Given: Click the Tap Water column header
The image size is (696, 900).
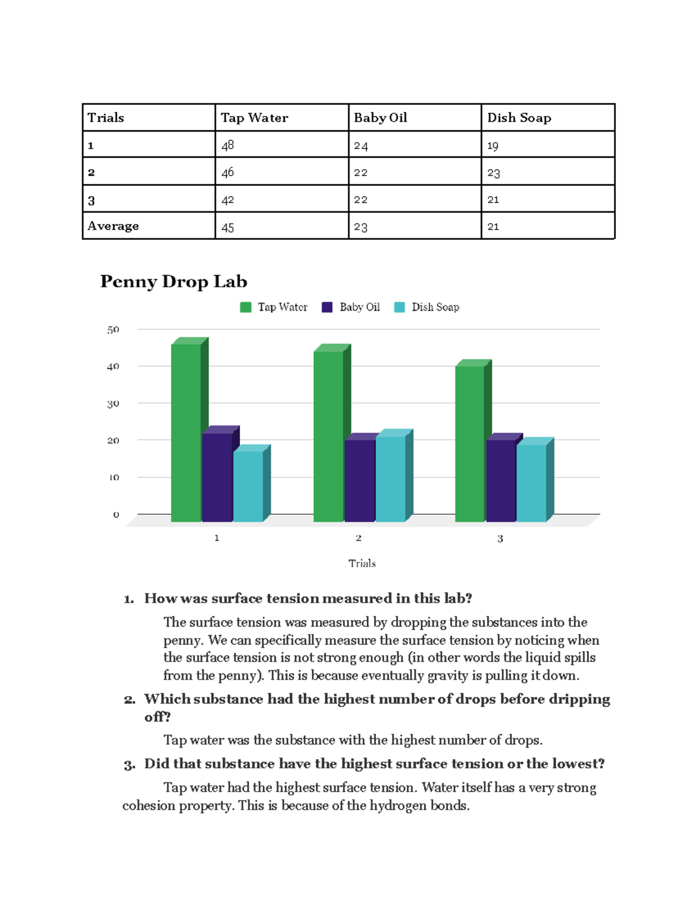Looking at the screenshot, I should (x=254, y=118).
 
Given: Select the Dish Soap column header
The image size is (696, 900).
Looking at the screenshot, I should (x=519, y=118).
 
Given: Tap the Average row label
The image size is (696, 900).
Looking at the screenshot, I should (x=113, y=226).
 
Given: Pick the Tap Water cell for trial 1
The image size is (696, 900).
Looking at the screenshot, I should (x=227, y=145).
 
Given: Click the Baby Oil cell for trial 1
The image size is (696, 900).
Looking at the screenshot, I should (x=361, y=145).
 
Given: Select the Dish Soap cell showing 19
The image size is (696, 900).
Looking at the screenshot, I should (x=492, y=145).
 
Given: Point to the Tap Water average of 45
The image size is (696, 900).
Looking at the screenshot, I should (x=227, y=227).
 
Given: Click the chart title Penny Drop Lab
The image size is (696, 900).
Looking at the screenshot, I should (x=173, y=282).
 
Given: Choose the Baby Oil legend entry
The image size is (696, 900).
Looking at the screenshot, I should (x=359, y=307).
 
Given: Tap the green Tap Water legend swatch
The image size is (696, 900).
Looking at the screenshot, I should (x=245, y=307).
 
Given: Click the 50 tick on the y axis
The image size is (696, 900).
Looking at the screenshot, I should (x=113, y=330).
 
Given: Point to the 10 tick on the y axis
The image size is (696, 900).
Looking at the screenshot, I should (x=113, y=478).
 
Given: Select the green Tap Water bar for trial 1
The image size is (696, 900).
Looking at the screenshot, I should (x=186, y=432).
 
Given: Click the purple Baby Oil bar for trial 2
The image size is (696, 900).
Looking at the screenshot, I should (x=360, y=480).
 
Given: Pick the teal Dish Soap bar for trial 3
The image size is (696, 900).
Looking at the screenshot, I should (x=531, y=482).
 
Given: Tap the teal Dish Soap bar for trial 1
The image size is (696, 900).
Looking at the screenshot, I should (x=248, y=486).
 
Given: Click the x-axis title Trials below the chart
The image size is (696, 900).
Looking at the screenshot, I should (x=362, y=563).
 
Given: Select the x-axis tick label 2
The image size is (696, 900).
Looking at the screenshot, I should (x=358, y=538).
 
